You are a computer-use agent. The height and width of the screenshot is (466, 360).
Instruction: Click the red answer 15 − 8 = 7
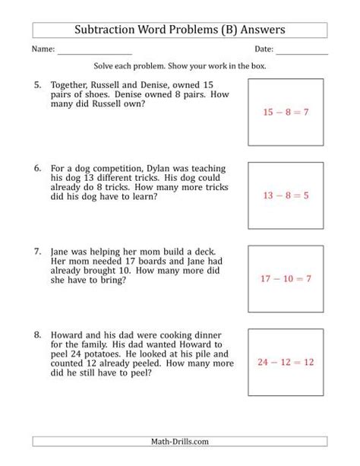[x=287, y=112]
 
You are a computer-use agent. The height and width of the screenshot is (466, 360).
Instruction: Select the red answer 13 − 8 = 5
[x=287, y=195]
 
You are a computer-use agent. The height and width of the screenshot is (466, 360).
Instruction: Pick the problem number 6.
[x=38, y=163]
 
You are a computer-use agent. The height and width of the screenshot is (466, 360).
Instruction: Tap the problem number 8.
[x=38, y=332]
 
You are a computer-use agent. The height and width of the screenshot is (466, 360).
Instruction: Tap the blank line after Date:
[x=302, y=52]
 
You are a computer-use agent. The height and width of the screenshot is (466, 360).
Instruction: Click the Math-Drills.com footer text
[x=180, y=441]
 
